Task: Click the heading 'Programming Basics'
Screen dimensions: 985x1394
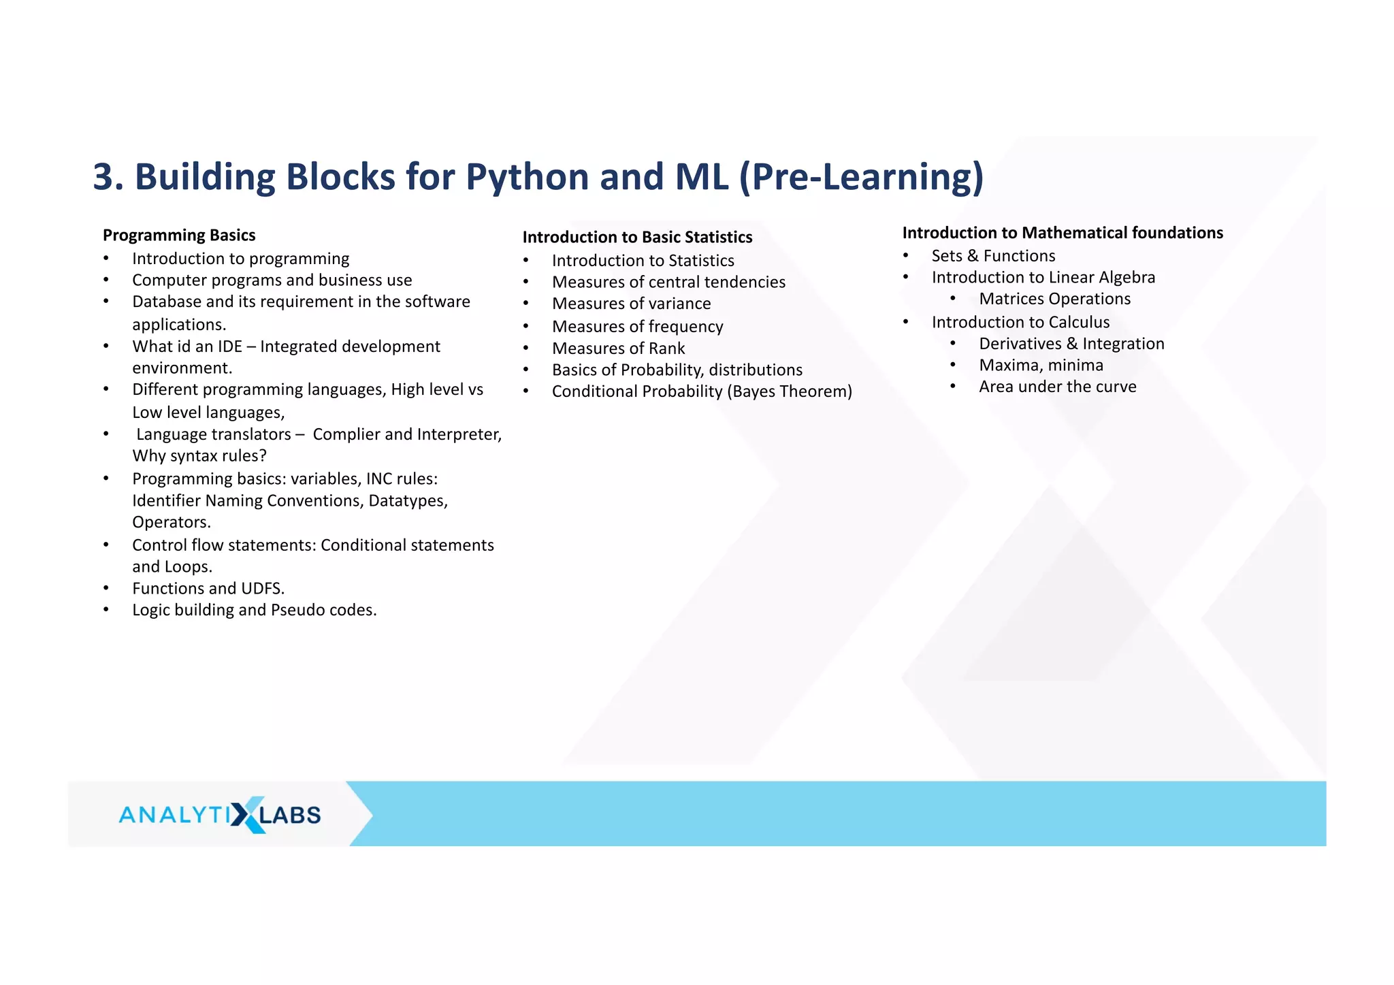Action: point(179,236)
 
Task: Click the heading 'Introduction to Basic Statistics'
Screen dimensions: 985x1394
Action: point(637,238)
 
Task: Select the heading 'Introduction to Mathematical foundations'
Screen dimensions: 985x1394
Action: point(1062,233)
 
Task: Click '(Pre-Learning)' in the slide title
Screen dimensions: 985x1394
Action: point(861,177)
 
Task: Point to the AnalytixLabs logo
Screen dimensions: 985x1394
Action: point(220,814)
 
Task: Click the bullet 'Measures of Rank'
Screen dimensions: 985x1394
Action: point(618,349)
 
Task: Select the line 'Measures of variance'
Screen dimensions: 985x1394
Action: point(631,304)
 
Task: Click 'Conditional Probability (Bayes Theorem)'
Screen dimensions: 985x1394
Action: point(701,391)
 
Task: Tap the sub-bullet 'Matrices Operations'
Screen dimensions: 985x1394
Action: point(1054,299)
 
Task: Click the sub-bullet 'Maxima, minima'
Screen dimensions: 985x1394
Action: point(1041,366)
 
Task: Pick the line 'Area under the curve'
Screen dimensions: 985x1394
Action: point(1057,387)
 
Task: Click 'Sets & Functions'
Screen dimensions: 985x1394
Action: point(993,256)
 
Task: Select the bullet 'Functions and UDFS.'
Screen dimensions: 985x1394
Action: point(208,588)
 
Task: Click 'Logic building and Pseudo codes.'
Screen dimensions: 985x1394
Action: point(254,610)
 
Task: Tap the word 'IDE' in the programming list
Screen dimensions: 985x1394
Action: point(229,346)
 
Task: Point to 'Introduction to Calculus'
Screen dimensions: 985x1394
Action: point(1020,322)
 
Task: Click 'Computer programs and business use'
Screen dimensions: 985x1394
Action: point(272,280)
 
